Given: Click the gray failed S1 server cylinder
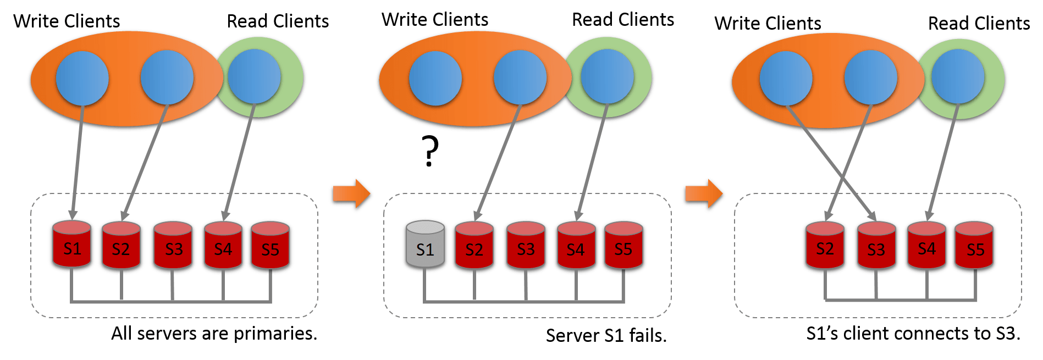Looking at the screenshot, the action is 425,244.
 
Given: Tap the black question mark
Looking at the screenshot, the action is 430,151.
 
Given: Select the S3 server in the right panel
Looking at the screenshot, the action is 876,245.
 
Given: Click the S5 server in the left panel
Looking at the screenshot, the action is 270,245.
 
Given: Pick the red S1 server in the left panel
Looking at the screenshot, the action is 71,244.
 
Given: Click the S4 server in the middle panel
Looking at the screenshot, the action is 576,245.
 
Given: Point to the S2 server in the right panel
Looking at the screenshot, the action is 825,245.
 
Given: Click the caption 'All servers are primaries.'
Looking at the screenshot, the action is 214,334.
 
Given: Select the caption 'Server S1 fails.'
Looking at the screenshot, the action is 606,335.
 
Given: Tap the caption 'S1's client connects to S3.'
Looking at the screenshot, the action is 913,334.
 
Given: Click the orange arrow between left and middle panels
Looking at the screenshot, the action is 351,193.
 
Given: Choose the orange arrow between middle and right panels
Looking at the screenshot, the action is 704,193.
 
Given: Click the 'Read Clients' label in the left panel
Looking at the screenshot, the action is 278,21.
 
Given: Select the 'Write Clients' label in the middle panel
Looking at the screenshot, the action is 435,19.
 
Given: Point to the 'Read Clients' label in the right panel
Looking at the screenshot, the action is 979,23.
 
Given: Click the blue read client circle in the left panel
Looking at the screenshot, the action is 255,76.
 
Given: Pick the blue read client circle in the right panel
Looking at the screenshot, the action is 958,76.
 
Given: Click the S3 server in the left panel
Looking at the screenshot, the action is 173,245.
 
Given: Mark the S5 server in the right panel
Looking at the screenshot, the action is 974,245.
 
